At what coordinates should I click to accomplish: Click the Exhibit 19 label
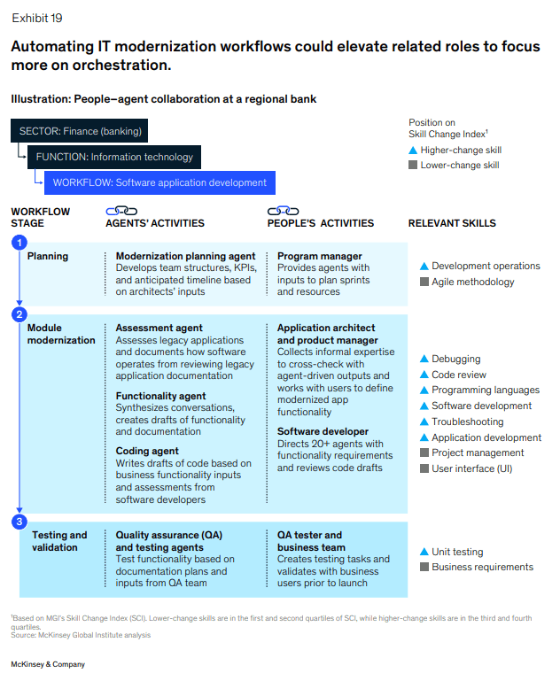[x=36, y=18]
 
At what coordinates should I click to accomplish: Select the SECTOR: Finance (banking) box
[x=80, y=131]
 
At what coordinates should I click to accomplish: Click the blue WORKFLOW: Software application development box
[x=159, y=182]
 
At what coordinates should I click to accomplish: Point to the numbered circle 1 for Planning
[x=19, y=244]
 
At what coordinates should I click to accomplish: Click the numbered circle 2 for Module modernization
[x=19, y=314]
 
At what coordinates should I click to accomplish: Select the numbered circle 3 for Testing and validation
[x=19, y=522]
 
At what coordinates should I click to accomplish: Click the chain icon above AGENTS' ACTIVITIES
[x=121, y=211]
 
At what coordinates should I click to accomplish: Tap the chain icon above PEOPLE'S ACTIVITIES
[x=284, y=211]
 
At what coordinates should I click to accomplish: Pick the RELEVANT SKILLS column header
[x=452, y=223]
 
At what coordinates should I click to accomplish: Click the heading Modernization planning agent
[x=185, y=257]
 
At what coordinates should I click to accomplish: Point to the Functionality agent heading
[x=160, y=396]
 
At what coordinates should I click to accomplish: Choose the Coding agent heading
[x=147, y=451]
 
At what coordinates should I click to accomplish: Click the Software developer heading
[x=323, y=431]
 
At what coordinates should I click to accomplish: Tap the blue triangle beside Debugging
[x=424, y=360]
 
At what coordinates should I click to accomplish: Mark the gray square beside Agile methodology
[x=424, y=282]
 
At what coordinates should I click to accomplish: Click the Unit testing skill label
[x=457, y=552]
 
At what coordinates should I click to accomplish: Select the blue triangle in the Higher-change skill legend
[x=413, y=151]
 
